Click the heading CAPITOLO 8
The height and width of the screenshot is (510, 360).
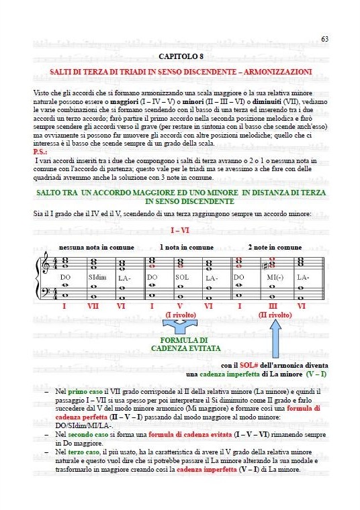[180, 58]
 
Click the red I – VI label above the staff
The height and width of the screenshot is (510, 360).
[180, 230]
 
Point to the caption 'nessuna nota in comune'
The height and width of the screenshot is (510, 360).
[97, 247]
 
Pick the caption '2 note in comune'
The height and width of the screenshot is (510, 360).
[275, 247]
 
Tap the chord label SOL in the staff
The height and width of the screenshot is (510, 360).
[183, 277]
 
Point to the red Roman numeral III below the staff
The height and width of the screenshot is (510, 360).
[273, 306]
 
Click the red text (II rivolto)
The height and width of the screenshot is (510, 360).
[275, 315]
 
